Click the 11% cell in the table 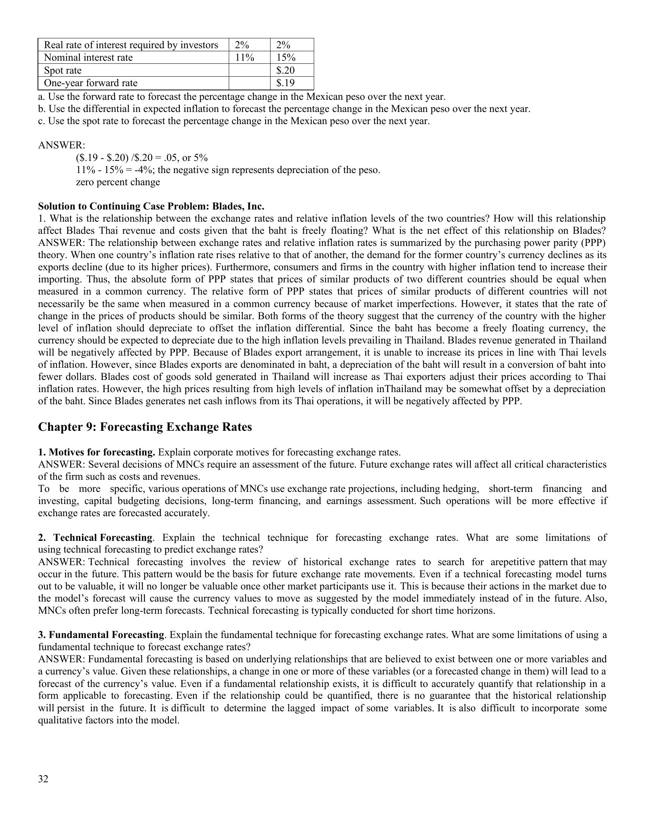[x=244, y=58]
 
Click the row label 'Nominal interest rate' [x=88, y=58]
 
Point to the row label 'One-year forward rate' [x=91, y=83]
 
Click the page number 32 [x=43, y=779]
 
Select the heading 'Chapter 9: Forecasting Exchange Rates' [x=145, y=427]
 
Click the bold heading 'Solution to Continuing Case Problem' [x=151, y=206]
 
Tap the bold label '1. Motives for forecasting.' [x=96, y=452]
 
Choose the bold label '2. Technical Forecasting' [x=96, y=537]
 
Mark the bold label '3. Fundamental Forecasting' [x=101, y=635]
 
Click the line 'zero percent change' [x=118, y=182]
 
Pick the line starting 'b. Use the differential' [x=284, y=109]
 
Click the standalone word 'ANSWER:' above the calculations [x=61, y=145]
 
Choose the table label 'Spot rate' [x=63, y=70]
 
